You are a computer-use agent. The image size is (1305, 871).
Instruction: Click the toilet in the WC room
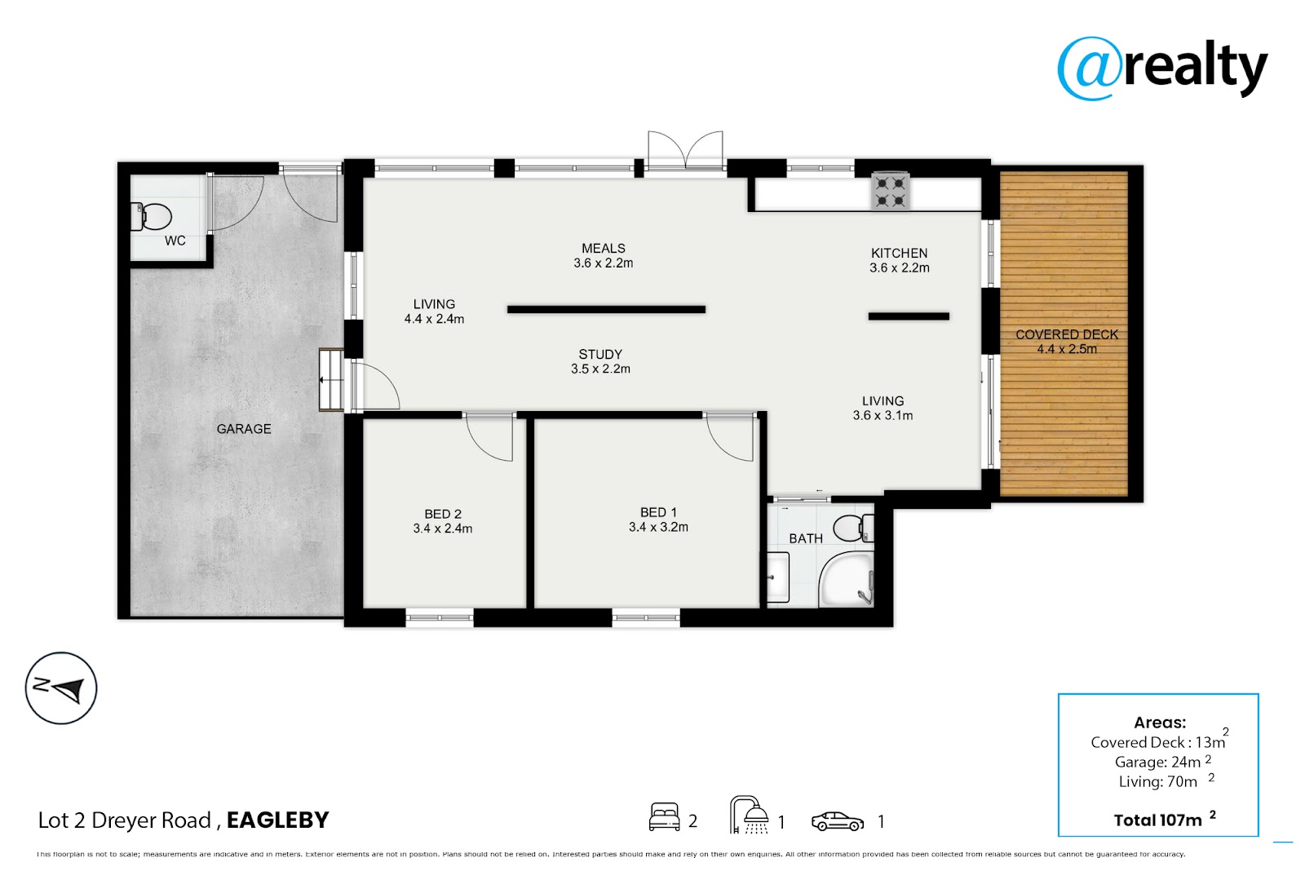pos(151,217)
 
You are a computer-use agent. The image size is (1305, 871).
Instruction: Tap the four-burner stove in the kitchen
pos(890,192)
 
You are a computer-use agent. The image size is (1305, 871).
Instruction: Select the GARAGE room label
pos(244,429)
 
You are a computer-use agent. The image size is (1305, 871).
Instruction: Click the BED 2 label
pos(443,514)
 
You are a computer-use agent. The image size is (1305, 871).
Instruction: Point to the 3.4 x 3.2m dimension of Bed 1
pos(658,528)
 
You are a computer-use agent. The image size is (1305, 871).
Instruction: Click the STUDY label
pos(600,354)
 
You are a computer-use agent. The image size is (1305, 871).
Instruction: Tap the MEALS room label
pos(604,248)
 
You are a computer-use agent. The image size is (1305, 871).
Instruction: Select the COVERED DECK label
pos(1067,334)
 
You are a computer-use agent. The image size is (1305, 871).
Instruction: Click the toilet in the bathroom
pos(853,528)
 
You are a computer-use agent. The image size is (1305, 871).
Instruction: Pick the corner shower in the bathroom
pos(847,581)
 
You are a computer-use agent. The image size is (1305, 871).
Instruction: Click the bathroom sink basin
pos(777,577)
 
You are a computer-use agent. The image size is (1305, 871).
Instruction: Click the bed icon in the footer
pos(664,817)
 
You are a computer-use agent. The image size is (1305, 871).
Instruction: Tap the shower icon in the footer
pos(750,815)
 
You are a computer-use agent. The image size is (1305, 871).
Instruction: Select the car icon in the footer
pos(838,821)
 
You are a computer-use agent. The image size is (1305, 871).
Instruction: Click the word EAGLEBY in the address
pos(277,820)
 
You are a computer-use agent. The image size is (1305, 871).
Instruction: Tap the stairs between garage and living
pos(331,380)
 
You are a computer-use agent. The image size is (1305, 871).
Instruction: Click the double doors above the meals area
pos(686,150)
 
